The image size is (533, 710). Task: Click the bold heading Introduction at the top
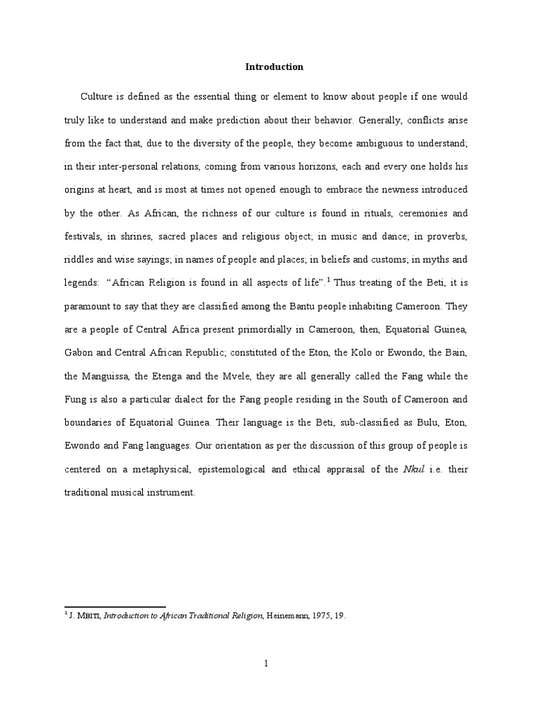(274, 67)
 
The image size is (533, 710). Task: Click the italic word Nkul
(411, 470)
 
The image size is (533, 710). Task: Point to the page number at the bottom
(266, 664)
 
